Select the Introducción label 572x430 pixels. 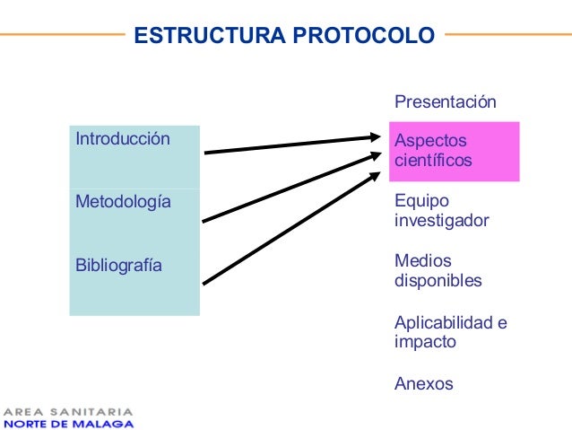(122, 139)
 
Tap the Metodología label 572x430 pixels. (123, 202)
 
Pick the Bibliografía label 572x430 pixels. (118, 265)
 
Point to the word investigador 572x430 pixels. (441, 221)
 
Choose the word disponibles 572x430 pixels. (438, 281)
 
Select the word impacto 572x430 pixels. (425, 342)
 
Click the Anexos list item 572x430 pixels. (423, 384)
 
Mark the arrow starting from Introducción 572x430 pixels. (292, 145)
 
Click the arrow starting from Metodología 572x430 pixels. (292, 188)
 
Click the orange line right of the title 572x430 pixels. (507, 35)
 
